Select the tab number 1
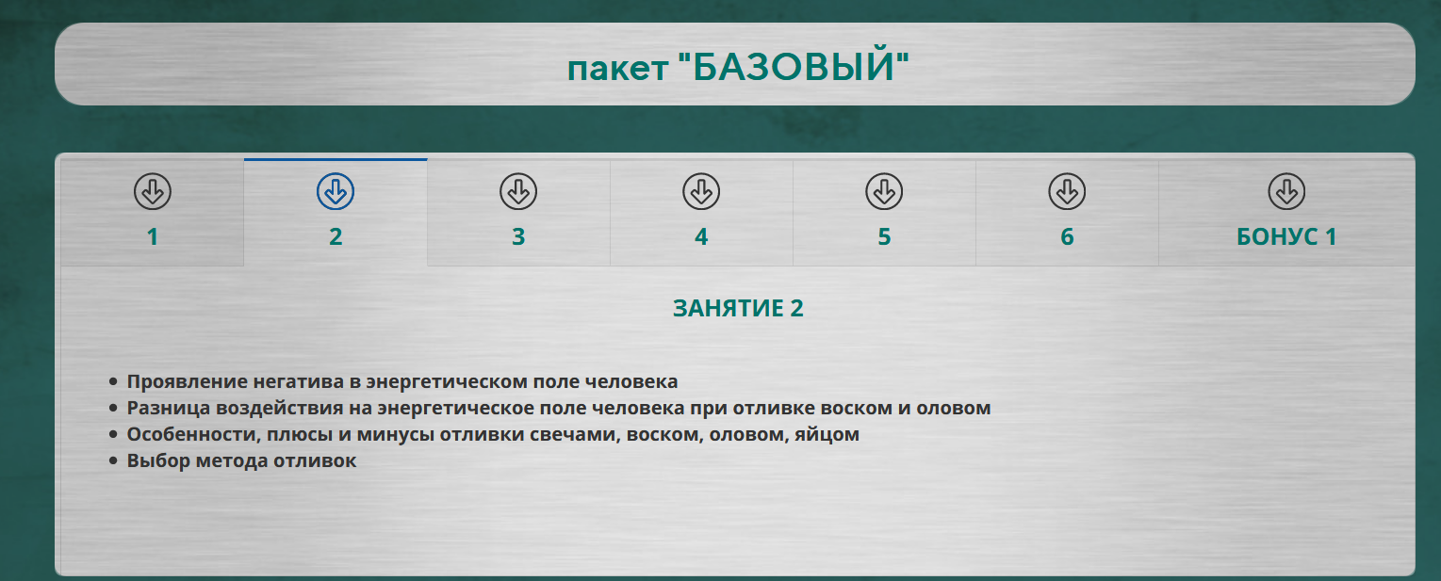click(x=153, y=237)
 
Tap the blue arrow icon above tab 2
click(x=336, y=192)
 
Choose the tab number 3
click(x=518, y=237)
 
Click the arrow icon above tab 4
click(x=701, y=192)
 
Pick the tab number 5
click(x=884, y=237)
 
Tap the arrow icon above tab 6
click(x=1067, y=192)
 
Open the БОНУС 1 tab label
click(x=1286, y=237)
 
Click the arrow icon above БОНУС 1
click(x=1286, y=192)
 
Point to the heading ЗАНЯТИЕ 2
click(x=738, y=309)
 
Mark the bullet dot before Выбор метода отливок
click(x=114, y=461)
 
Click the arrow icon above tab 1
click(x=153, y=192)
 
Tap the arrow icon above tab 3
click(x=518, y=192)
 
